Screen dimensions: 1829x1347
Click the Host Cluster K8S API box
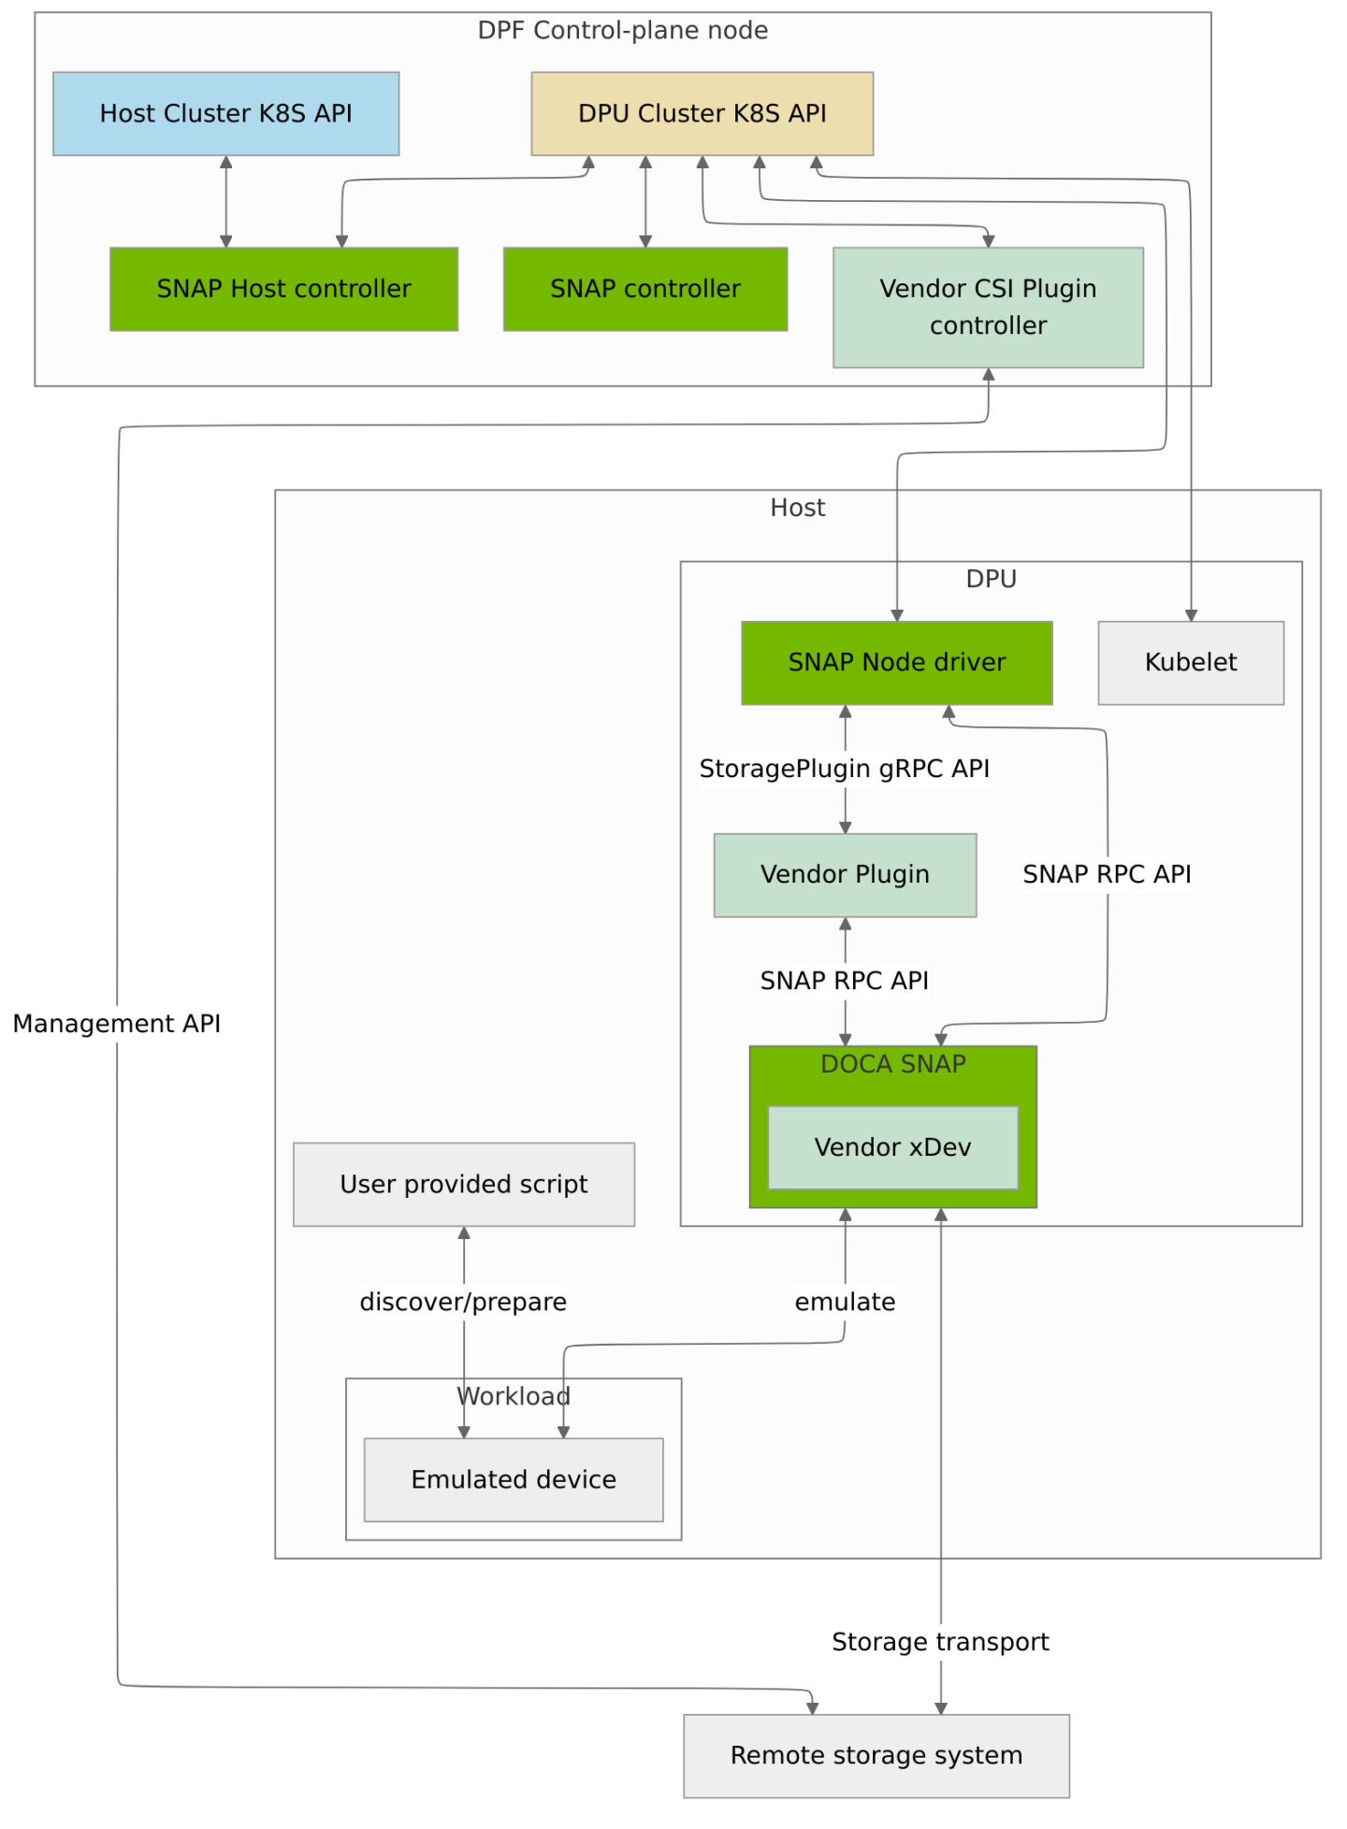tap(225, 113)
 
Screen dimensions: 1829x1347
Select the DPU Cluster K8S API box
tap(702, 113)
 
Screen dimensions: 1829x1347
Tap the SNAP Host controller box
tap(283, 289)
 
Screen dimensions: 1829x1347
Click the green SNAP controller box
tap(645, 289)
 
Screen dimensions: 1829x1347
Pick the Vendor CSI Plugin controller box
tap(988, 307)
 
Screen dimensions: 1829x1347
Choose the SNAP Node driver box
tap(896, 662)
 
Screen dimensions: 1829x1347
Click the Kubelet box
tap(1190, 662)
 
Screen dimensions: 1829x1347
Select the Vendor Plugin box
tap(845, 874)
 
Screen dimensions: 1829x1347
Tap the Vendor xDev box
tap(892, 1147)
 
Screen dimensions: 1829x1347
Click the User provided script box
tap(463, 1184)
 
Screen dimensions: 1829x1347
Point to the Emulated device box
tap(513, 1479)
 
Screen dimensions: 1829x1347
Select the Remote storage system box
tap(876, 1755)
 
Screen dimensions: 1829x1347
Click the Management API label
tap(116, 1023)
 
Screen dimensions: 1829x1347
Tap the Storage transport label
tap(940, 1642)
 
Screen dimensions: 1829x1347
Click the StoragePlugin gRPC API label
tap(844, 769)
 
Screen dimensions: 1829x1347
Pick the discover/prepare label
tap(463, 1302)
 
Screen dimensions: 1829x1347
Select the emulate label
tap(845, 1302)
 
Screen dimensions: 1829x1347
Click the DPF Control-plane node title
tap(622, 31)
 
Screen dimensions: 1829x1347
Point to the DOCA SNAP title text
tap(892, 1064)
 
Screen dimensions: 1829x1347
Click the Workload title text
tap(514, 1396)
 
